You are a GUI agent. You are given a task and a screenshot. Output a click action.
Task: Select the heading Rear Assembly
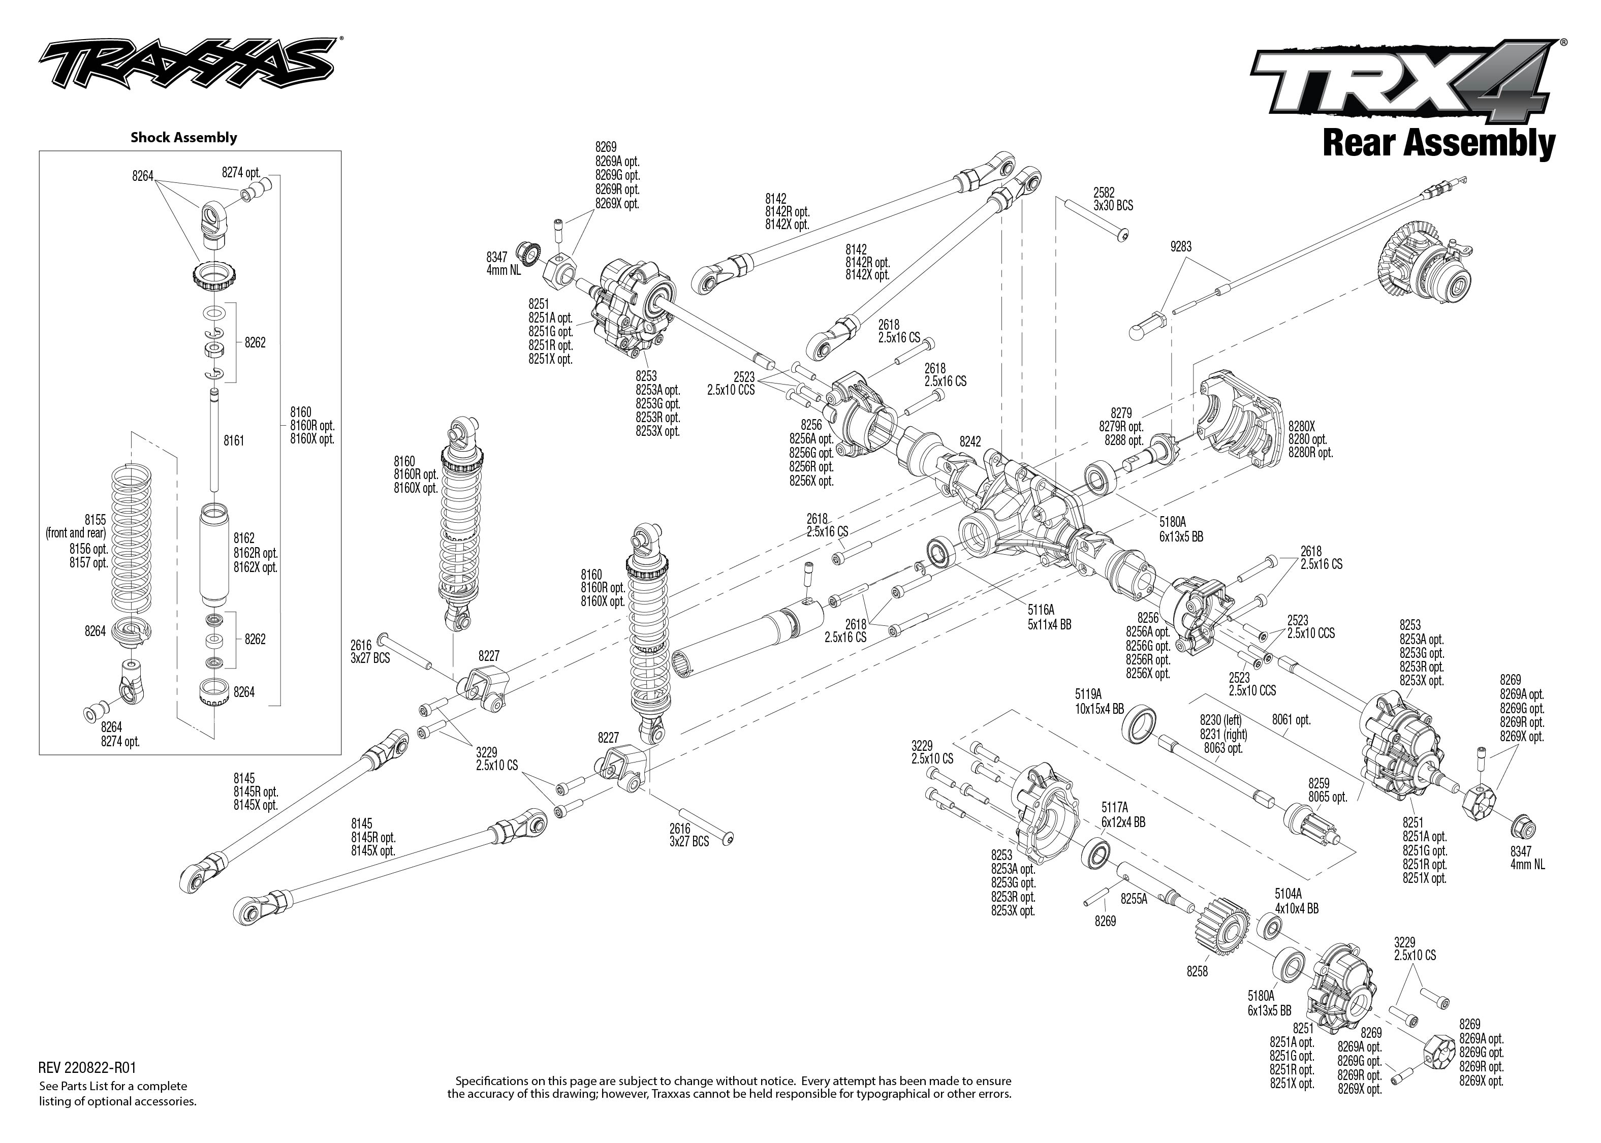(x=1438, y=144)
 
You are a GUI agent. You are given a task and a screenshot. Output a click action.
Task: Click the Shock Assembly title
(x=183, y=137)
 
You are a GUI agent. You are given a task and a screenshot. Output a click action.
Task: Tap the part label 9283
(x=1181, y=246)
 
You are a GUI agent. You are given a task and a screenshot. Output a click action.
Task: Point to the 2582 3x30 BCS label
(x=1113, y=199)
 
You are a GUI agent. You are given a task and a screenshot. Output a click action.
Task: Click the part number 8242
(x=970, y=441)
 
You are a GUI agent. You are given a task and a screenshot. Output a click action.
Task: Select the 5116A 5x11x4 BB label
(x=1049, y=617)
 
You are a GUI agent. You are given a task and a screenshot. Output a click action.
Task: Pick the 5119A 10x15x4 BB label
(x=1099, y=701)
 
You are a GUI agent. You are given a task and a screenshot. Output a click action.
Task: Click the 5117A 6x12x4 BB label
(x=1123, y=814)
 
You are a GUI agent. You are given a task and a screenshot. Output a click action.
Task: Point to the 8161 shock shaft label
(x=234, y=440)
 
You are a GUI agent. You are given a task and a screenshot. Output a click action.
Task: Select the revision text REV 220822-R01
(x=87, y=1068)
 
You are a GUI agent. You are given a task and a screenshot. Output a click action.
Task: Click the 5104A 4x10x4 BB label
(x=1296, y=902)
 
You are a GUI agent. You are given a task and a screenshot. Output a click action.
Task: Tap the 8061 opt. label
(x=1292, y=720)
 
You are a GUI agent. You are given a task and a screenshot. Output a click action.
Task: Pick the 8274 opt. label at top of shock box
(x=241, y=172)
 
